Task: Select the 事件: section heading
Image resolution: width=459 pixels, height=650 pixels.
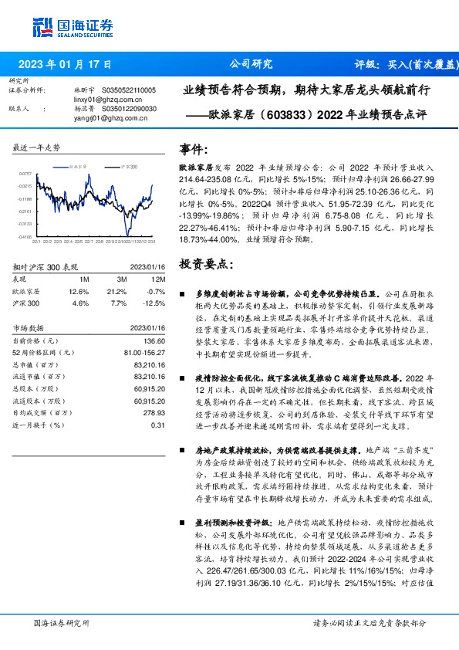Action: click(193, 150)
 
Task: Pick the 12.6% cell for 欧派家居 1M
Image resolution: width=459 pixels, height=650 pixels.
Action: click(79, 291)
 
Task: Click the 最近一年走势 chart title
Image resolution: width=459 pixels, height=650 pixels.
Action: click(37, 147)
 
